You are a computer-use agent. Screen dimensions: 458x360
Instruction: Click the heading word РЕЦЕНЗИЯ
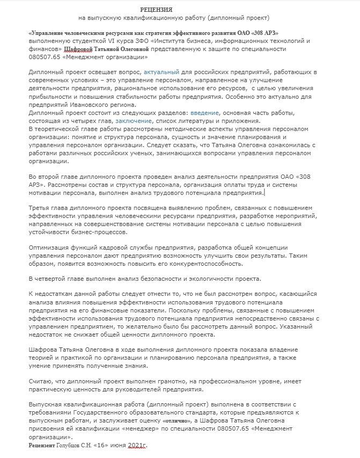pyautogui.click(x=156, y=10)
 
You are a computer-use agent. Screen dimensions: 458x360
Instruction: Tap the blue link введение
pyautogui.click(x=204, y=113)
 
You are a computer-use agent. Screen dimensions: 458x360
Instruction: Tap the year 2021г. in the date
pyautogui.click(x=137, y=446)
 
